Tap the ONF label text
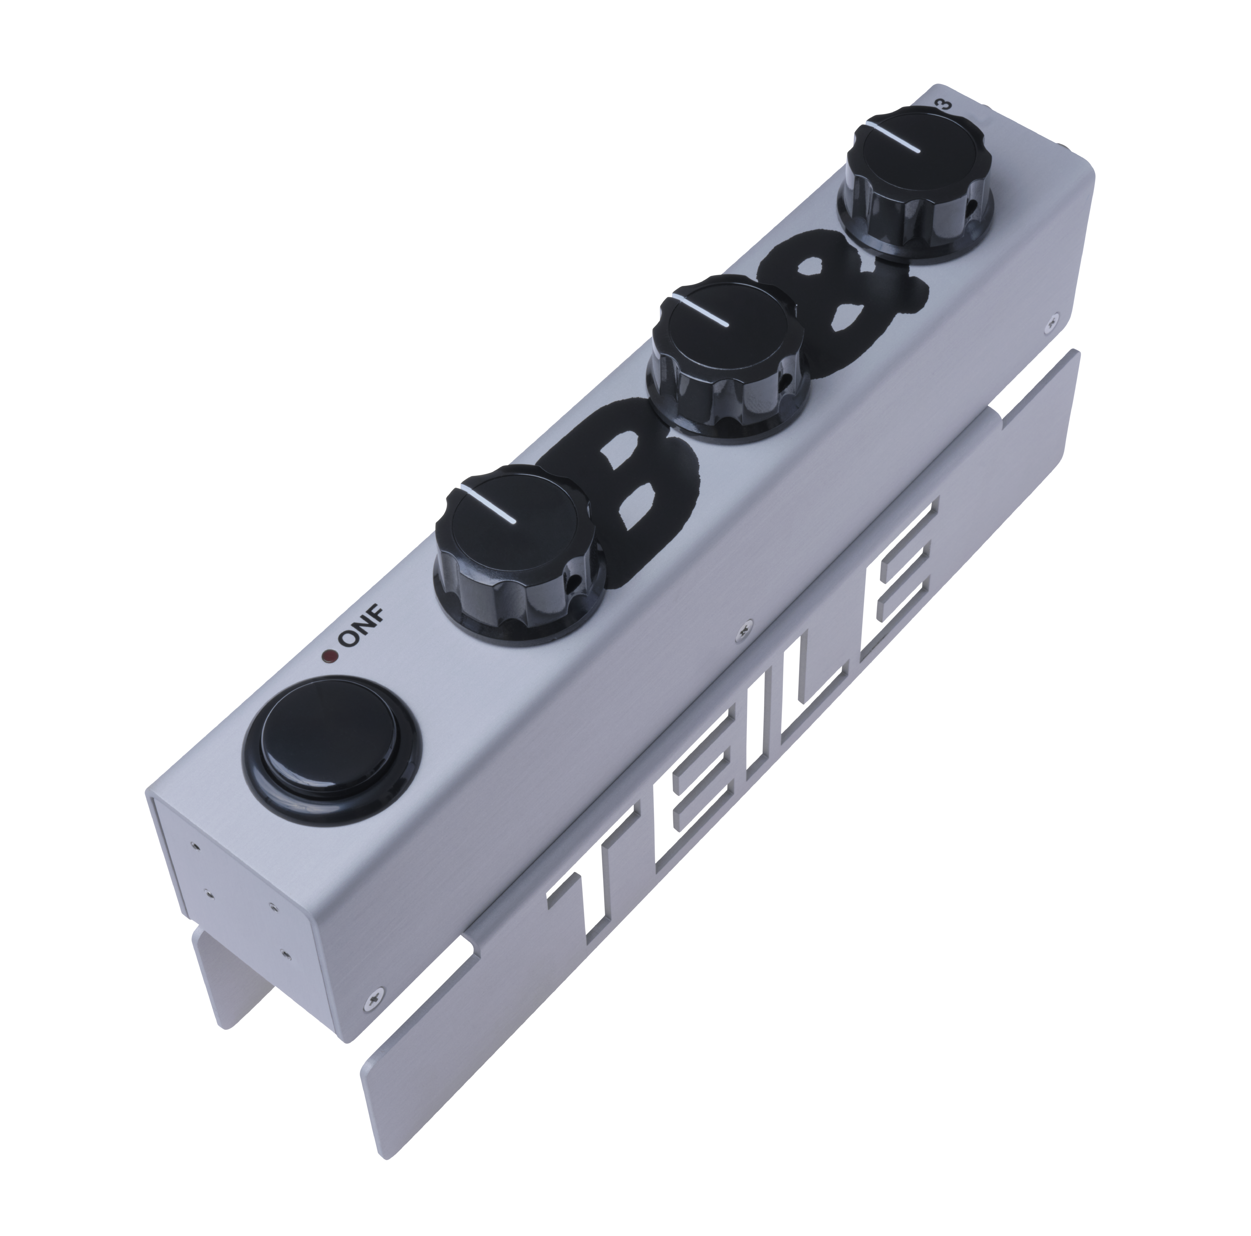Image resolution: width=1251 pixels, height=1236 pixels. point(363,628)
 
